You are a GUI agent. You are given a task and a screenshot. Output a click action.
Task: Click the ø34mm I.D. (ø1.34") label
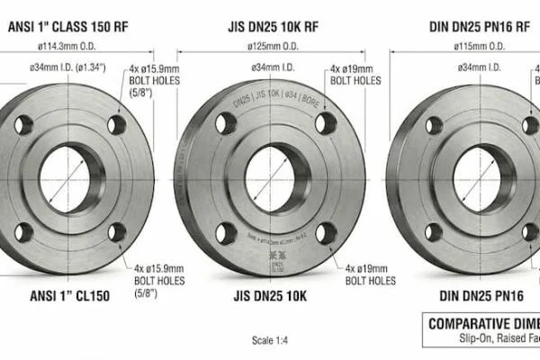tap(68, 67)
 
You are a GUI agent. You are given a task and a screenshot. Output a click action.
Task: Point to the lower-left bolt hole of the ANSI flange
tap(22, 231)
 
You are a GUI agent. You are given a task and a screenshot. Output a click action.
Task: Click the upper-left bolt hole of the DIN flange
tap(435, 125)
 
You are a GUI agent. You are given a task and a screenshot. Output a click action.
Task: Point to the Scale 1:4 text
tap(270, 340)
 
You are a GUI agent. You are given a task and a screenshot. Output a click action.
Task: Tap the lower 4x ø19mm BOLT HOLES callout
tap(369, 274)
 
